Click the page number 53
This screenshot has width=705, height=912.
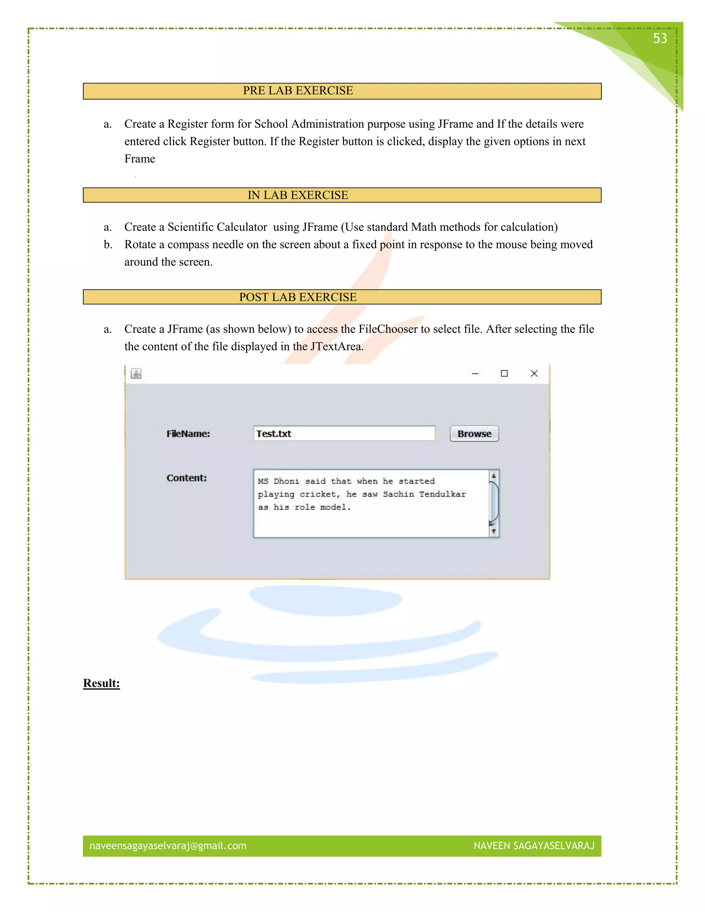[660, 39]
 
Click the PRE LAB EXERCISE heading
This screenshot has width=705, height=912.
[298, 91]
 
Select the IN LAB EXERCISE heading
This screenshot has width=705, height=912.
[298, 195]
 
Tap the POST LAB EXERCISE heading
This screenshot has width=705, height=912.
[298, 297]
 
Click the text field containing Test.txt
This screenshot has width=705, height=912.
[344, 433]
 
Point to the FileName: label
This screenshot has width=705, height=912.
[188, 434]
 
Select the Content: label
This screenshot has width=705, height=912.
[186, 478]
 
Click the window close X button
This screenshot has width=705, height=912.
[534, 373]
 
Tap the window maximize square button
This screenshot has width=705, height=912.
[504, 373]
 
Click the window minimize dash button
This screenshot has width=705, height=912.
[475, 373]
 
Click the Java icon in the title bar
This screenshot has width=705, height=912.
[136, 373]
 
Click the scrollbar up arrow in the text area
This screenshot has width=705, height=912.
[493, 476]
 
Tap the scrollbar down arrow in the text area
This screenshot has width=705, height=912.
[493, 531]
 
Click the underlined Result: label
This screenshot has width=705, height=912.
[102, 683]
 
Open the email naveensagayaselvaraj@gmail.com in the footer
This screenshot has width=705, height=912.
[168, 846]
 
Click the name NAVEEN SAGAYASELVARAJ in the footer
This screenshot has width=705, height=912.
[534, 846]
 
